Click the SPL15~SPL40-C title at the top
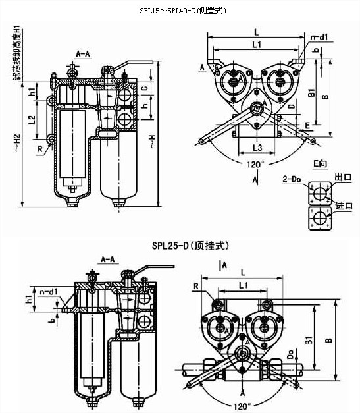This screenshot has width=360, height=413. point(179,11)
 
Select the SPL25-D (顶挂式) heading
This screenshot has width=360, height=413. point(180,244)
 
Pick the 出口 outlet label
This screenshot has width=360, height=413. point(343,178)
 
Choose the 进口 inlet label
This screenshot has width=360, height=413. point(344,206)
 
